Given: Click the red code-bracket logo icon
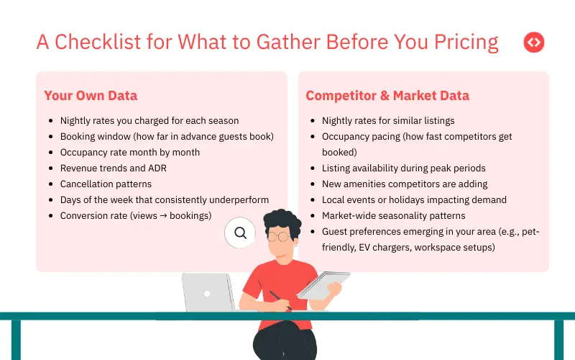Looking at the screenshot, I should click(533, 42).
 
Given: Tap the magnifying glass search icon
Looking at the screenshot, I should click(240, 233).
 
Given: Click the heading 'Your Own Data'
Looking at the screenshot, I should click(91, 96).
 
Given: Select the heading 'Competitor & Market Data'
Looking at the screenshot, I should click(387, 96).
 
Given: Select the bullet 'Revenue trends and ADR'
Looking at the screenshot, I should click(114, 168).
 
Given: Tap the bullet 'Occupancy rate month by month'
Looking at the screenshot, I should click(130, 152).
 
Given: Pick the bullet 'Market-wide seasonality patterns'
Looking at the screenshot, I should click(393, 215).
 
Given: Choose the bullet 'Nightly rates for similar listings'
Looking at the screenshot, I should click(388, 120).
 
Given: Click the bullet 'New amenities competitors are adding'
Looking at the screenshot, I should click(405, 184).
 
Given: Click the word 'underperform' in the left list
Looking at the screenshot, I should click(236, 199).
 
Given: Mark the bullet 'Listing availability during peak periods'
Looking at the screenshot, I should click(404, 168).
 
